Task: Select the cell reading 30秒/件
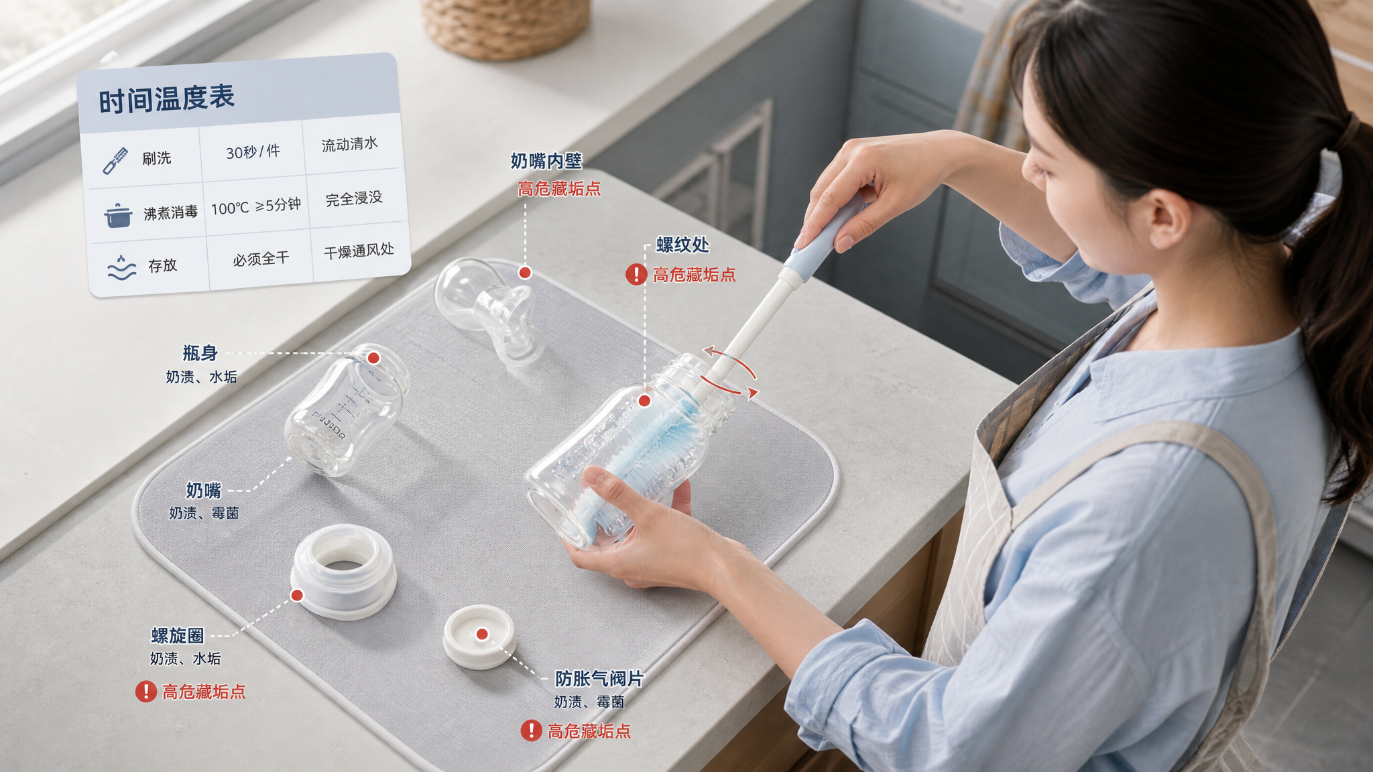coord(253,152)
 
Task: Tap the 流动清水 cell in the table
coord(350,144)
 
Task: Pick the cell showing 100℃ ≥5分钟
coord(255,206)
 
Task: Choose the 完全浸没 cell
coord(354,199)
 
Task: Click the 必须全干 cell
coord(261,259)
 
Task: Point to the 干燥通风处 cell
coord(359,251)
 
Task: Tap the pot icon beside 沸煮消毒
coord(118,216)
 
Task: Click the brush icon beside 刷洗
coord(115,161)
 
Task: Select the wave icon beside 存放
coord(121,267)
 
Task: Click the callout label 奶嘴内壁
coord(546,162)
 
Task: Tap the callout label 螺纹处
coord(682,245)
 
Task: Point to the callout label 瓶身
coord(200,353)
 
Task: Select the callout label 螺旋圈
coord(178,635)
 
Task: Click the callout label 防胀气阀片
coord(599,679)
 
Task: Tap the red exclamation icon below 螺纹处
coord(636,274)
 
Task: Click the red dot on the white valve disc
coord(482,634)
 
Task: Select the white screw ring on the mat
coord(344,572)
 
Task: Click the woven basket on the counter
coord(506,27)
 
